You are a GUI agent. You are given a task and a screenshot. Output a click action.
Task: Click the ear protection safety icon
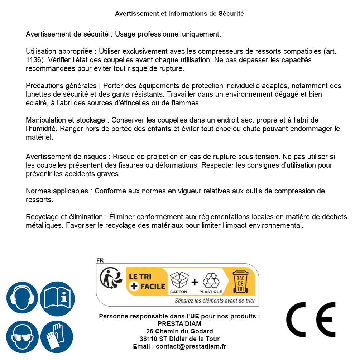[22, 298]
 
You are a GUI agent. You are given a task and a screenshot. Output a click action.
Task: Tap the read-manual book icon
[57, 298]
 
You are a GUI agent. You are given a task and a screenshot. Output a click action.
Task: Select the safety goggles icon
[22, 337]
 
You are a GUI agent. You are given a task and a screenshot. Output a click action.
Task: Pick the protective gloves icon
[57, 337]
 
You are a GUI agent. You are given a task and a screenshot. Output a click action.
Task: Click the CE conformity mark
[311, 320]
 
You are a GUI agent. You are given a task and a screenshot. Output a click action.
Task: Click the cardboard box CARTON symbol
[179, 282]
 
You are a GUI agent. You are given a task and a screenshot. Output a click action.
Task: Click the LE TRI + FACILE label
[147, 281]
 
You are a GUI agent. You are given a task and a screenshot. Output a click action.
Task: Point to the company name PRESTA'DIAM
[179, 324]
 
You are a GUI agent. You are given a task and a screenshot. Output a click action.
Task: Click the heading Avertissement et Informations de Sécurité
[179, 14]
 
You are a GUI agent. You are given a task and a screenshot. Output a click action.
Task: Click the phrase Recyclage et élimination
[64, 217]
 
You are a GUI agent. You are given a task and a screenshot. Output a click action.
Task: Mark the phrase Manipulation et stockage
[65, 120]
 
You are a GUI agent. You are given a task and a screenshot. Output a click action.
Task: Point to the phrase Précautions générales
[61, 86]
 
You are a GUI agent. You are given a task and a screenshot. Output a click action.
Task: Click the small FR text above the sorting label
[100, 260]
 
